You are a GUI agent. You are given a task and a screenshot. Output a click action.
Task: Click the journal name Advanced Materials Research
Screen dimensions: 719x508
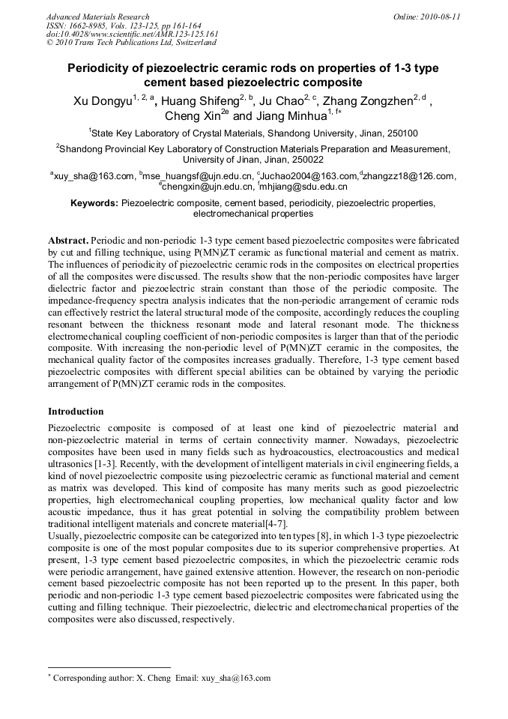[x=97, y=16]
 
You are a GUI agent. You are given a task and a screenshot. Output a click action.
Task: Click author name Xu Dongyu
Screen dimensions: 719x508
[x=102, y=101]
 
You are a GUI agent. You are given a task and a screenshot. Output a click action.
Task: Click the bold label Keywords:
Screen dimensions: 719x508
[x=94, y=203]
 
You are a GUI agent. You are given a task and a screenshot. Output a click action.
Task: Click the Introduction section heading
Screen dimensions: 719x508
[x=76, y=412]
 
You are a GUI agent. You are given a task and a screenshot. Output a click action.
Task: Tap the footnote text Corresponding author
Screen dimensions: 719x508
[x=88, y=678]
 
